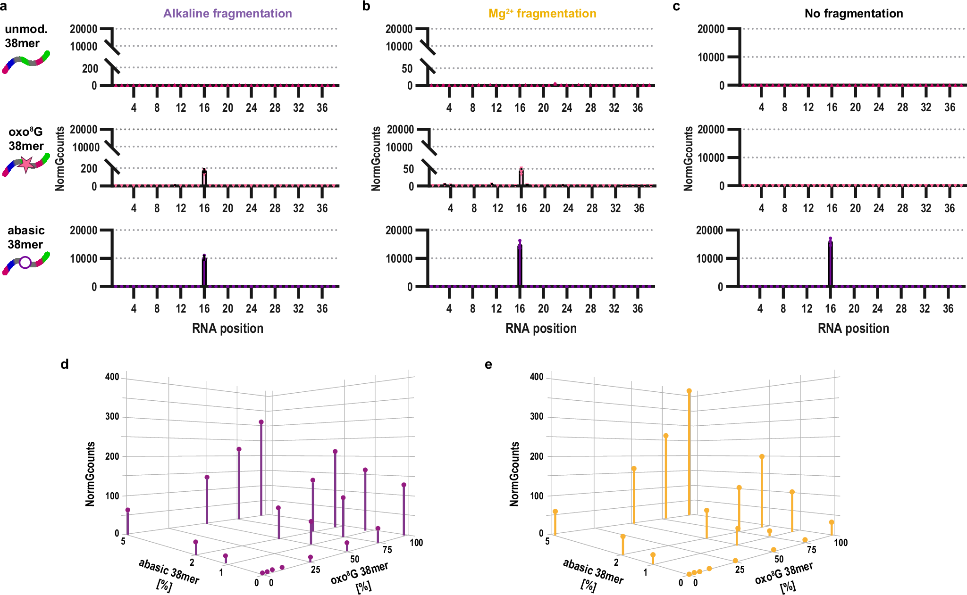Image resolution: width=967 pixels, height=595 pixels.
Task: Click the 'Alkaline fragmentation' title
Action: click(227, 13)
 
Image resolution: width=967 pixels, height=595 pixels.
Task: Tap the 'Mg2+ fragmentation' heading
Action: click(542, 13)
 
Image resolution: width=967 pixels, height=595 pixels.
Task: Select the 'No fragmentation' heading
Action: click(854, 13)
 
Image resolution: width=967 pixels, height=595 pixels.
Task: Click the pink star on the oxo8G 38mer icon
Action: click(26, 164)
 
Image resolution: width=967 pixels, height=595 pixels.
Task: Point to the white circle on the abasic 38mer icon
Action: click(25, 262)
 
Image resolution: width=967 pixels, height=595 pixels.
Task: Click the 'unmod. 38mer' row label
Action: click(26, 36)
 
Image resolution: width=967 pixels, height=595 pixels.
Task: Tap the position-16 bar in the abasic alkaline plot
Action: click(204, 272)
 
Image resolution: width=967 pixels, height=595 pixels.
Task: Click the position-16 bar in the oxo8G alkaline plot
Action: click(204, 178)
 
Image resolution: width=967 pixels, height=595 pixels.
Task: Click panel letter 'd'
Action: click(65, 364)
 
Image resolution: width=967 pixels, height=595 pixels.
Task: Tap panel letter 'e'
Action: click(488, 364)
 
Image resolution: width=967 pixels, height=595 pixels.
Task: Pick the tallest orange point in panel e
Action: click(689, 391)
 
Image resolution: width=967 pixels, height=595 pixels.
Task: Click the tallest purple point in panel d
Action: click(261, 422)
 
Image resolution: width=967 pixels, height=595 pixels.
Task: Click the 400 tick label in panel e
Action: click(537, 377)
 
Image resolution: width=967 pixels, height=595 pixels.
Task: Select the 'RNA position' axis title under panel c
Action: click(853, 328)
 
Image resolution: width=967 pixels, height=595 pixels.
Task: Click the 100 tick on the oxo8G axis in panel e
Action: click(841, 542)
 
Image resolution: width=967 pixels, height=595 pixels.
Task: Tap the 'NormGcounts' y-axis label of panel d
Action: click(90, 474)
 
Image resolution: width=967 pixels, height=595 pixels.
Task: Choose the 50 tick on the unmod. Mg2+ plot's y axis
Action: click(407, 69)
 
